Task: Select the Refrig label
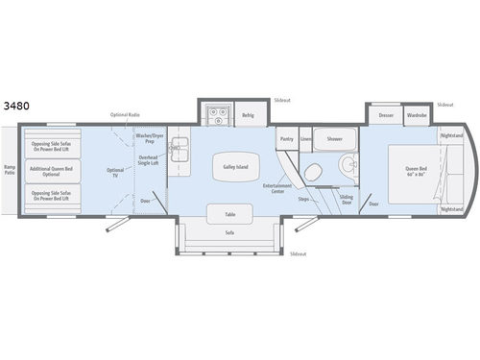pyautogui.click(x=248, y=114)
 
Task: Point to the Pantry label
pyautogui.click(x=286, y=139)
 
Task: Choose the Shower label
pyautogui.click(x=333, y=138)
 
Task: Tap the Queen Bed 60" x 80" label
pyautogui.click(x=414, y=175)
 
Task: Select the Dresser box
pyautogui.click(x=386, y=115)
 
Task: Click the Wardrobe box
pyautogui.click(x=415, y=115)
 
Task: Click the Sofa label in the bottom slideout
pyautogui.click(x=230, y=231)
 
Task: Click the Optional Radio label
pyautogui.click(x=125, y=114)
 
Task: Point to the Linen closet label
pyautogui.click(x=304, y=139)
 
